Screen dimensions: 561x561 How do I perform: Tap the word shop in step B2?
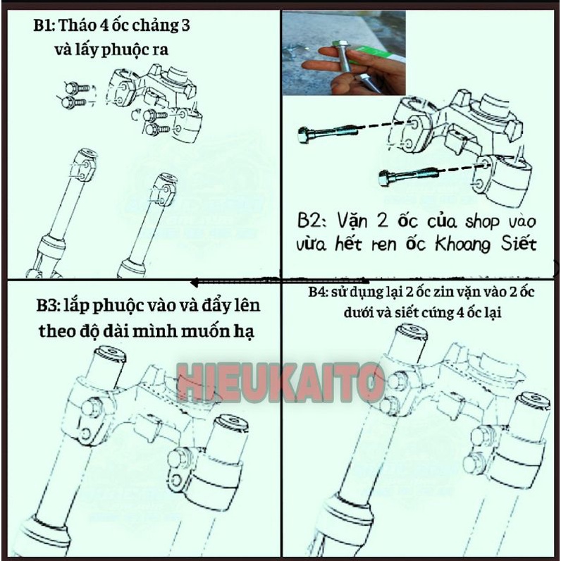(464, 223)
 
